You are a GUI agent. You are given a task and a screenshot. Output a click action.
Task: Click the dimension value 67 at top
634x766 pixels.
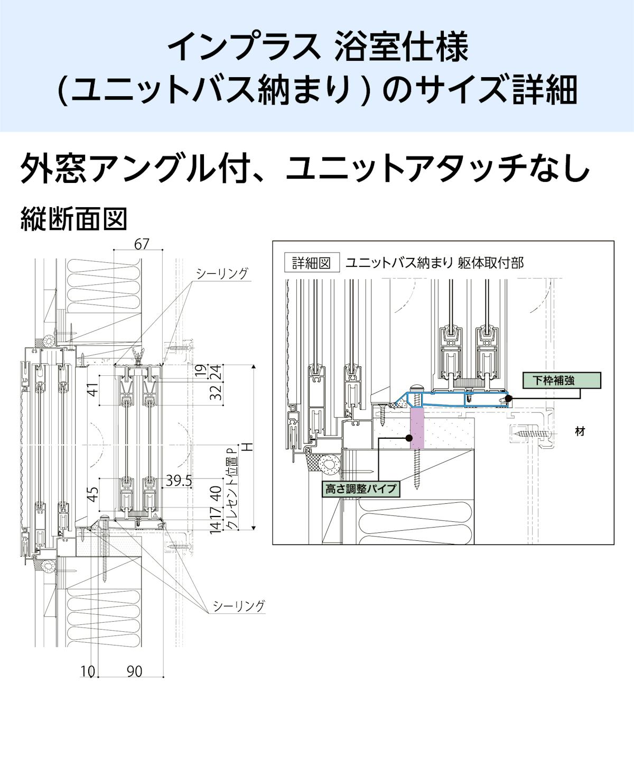(x=142, y=244)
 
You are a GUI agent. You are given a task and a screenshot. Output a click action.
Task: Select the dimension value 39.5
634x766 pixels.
(x=179, y=481)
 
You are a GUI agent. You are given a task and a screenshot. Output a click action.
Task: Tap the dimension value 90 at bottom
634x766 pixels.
(x=134, y=671)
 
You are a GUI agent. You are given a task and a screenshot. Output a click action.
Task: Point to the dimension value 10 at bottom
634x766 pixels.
(x=88, y=671)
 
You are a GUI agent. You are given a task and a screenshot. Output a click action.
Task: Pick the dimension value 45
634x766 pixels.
(x=92, y=494)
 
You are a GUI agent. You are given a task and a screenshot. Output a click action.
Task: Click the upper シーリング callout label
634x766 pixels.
(x=221, y=273)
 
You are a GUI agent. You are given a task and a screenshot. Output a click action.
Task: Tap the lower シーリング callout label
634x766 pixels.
(x=238, y=606)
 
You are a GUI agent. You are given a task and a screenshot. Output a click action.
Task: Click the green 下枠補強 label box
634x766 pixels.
(x=561, y=380)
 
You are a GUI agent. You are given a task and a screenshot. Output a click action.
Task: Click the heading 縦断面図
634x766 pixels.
(x=74, y=219)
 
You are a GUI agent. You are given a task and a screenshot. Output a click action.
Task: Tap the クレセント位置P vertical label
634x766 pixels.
(x=230, y=489)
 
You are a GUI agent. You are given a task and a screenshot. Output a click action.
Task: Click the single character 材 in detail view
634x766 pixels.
(x=580, y=431)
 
